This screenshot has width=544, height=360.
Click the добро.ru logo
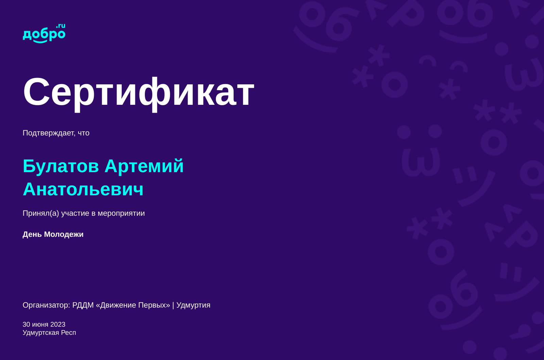(44, 33)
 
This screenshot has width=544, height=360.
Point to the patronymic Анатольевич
(83, 189)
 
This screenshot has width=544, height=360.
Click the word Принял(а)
(41, 213)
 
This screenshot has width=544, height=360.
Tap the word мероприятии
(121, 213)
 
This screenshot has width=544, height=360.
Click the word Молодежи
(64, 234)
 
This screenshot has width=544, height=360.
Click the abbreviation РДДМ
(83, 305)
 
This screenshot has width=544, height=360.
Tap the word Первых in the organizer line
(154, 305)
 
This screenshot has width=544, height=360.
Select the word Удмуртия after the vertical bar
(193, 305)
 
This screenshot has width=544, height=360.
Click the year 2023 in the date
(58, 324)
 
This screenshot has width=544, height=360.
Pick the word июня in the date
(40, 325)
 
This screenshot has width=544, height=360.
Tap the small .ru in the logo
(61, 26)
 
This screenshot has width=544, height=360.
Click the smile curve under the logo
(40, 42)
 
